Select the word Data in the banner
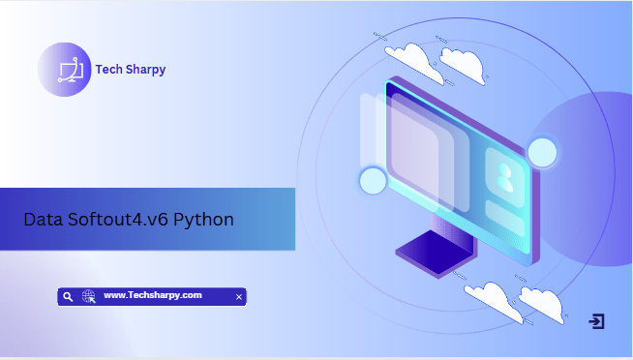tap(43, 219)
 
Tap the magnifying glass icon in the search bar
tap(68, 297)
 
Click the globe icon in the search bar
tap(88, 297)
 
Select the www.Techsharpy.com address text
tap(152, 295)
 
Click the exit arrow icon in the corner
tap(597, 321)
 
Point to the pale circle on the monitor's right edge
tap(542, 152)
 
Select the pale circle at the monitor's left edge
tap(373, 181)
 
